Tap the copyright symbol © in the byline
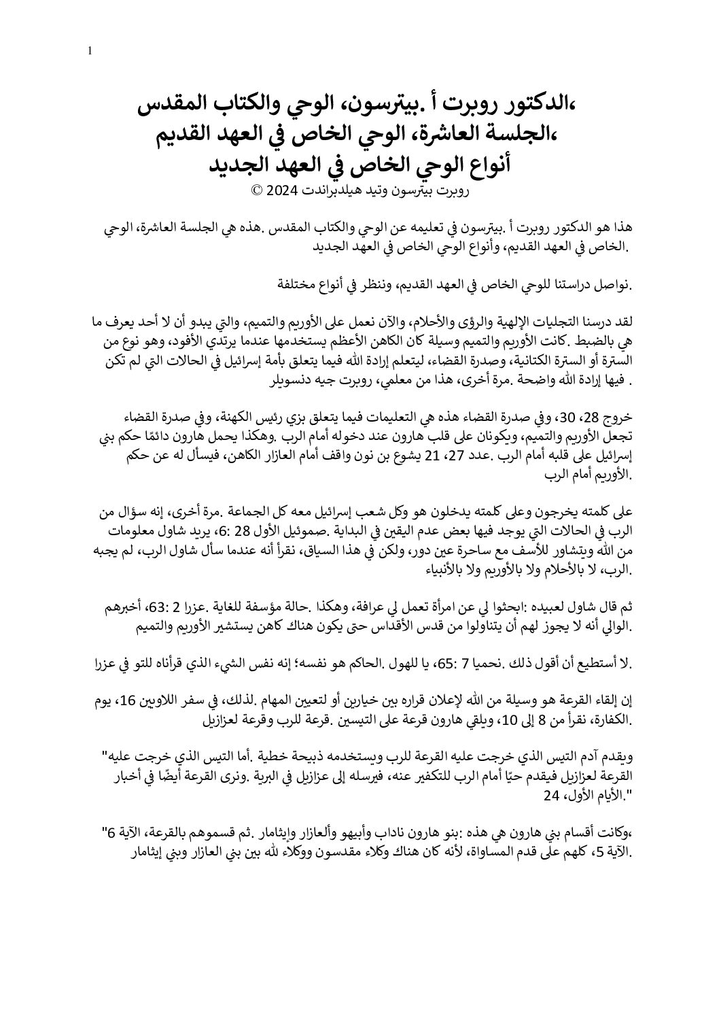click(256, 191)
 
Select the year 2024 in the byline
click(279, 191)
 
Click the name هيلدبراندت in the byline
click(322, 191)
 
